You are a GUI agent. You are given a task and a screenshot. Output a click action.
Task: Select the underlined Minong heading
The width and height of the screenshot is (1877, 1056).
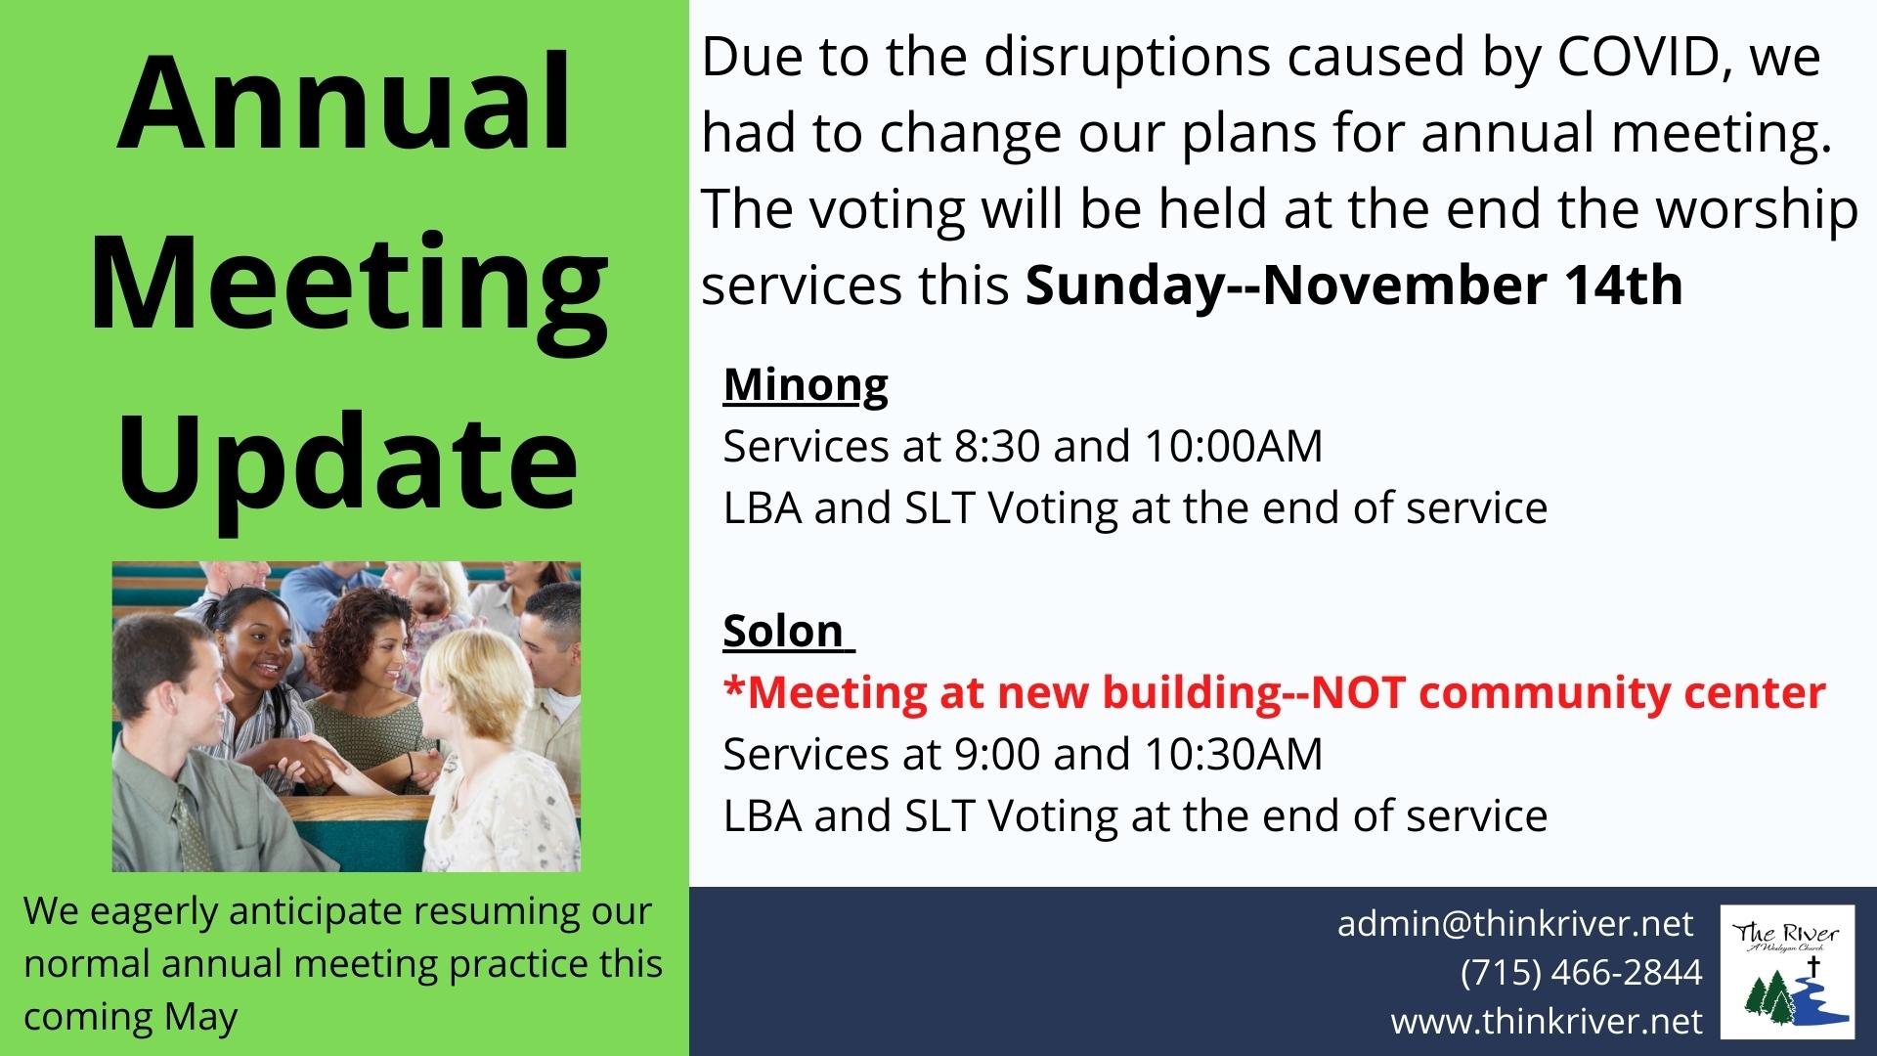806,384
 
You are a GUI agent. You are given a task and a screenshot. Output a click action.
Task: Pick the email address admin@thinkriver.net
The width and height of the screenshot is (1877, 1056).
1515,923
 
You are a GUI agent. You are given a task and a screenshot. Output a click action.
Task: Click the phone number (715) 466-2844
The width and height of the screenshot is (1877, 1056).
1582,972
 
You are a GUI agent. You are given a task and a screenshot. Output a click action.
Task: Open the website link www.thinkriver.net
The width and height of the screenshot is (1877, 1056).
1547,1022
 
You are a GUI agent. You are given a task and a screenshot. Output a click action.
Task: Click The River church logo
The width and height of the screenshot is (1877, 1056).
1786,972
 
